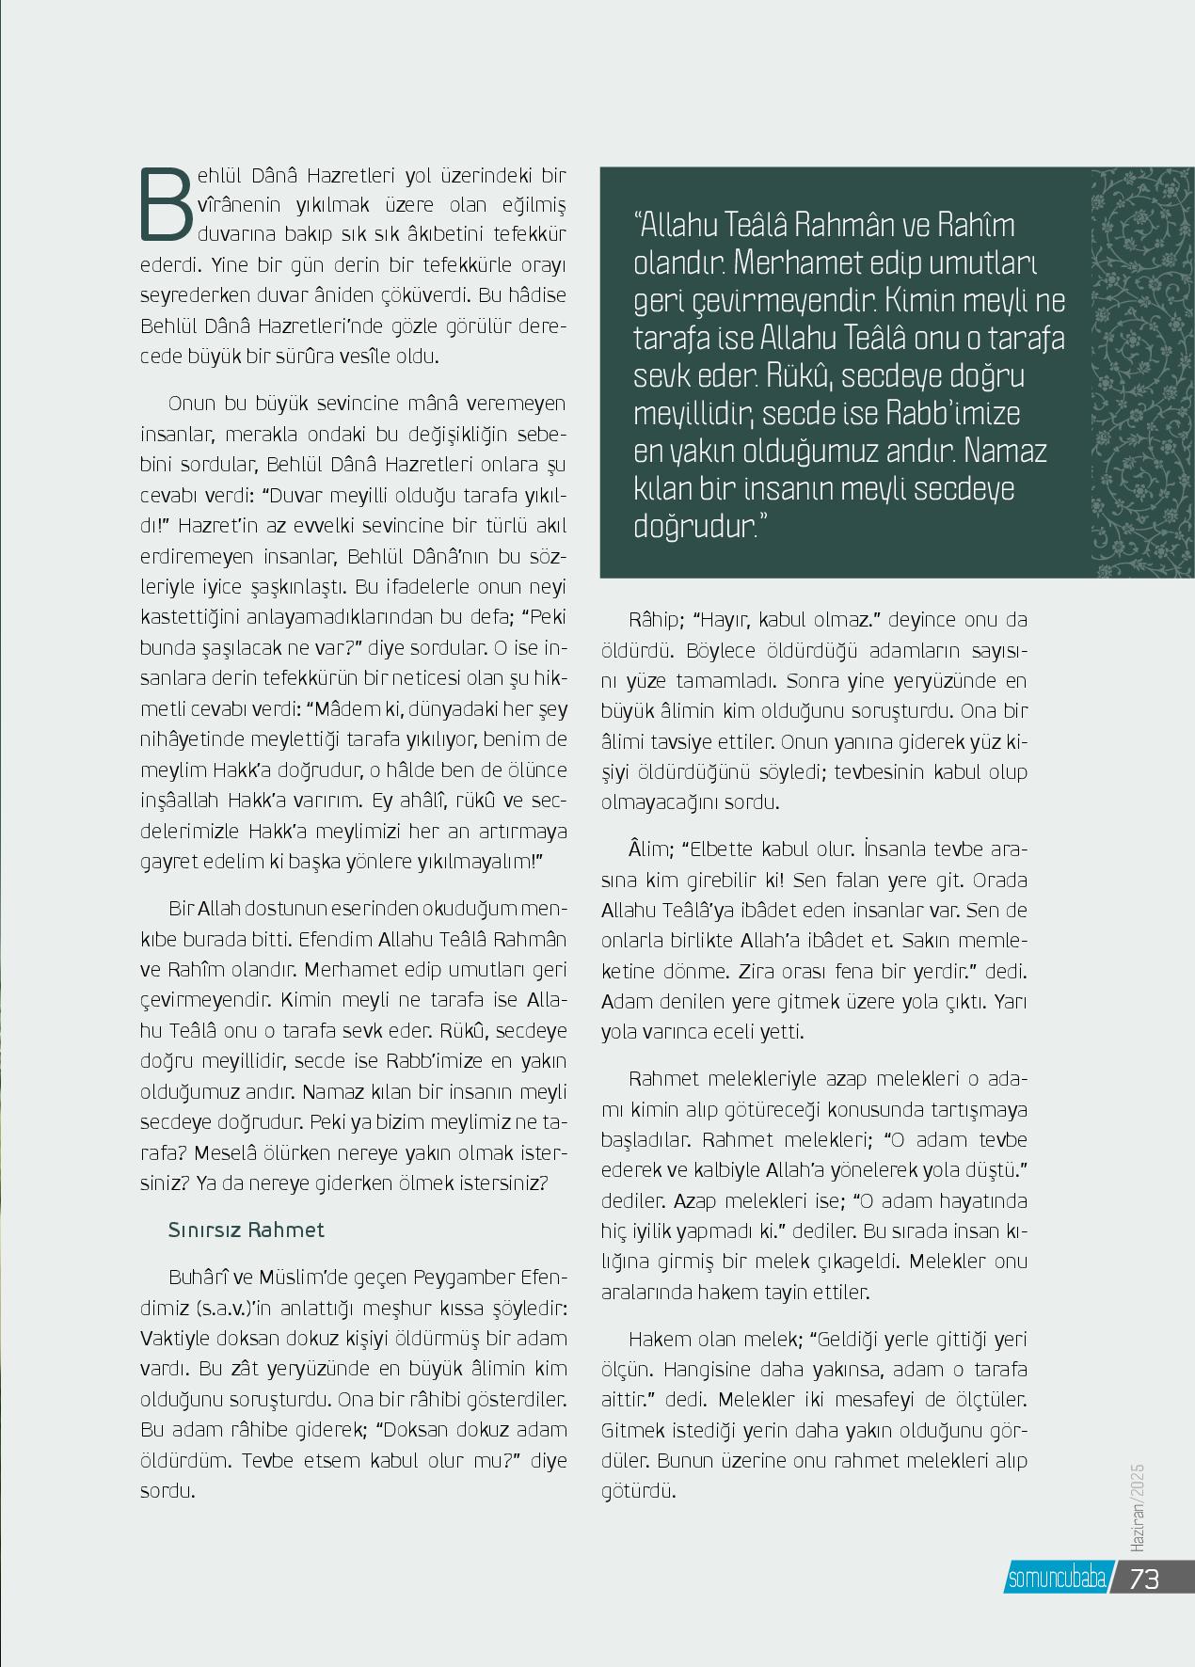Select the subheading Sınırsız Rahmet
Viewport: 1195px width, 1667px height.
(246, 1230)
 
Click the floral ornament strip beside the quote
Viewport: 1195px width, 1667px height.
(1142, 373)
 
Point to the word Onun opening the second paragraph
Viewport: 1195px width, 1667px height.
(193, 404)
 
